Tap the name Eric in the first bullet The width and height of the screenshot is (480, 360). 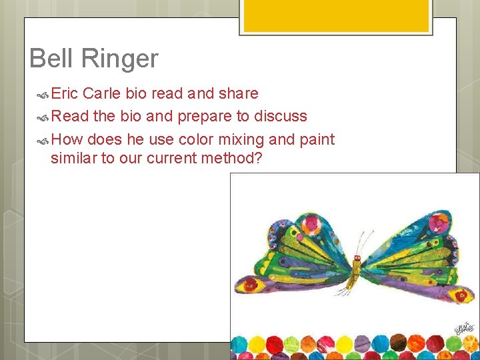pos(65,93)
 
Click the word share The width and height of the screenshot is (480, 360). pos(236,93)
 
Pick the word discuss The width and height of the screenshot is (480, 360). pos(280,116)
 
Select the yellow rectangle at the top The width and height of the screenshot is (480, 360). pos(335,15)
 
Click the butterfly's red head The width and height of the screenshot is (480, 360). pos(358,257)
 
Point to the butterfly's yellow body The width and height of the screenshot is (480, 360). pos(355,273)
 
